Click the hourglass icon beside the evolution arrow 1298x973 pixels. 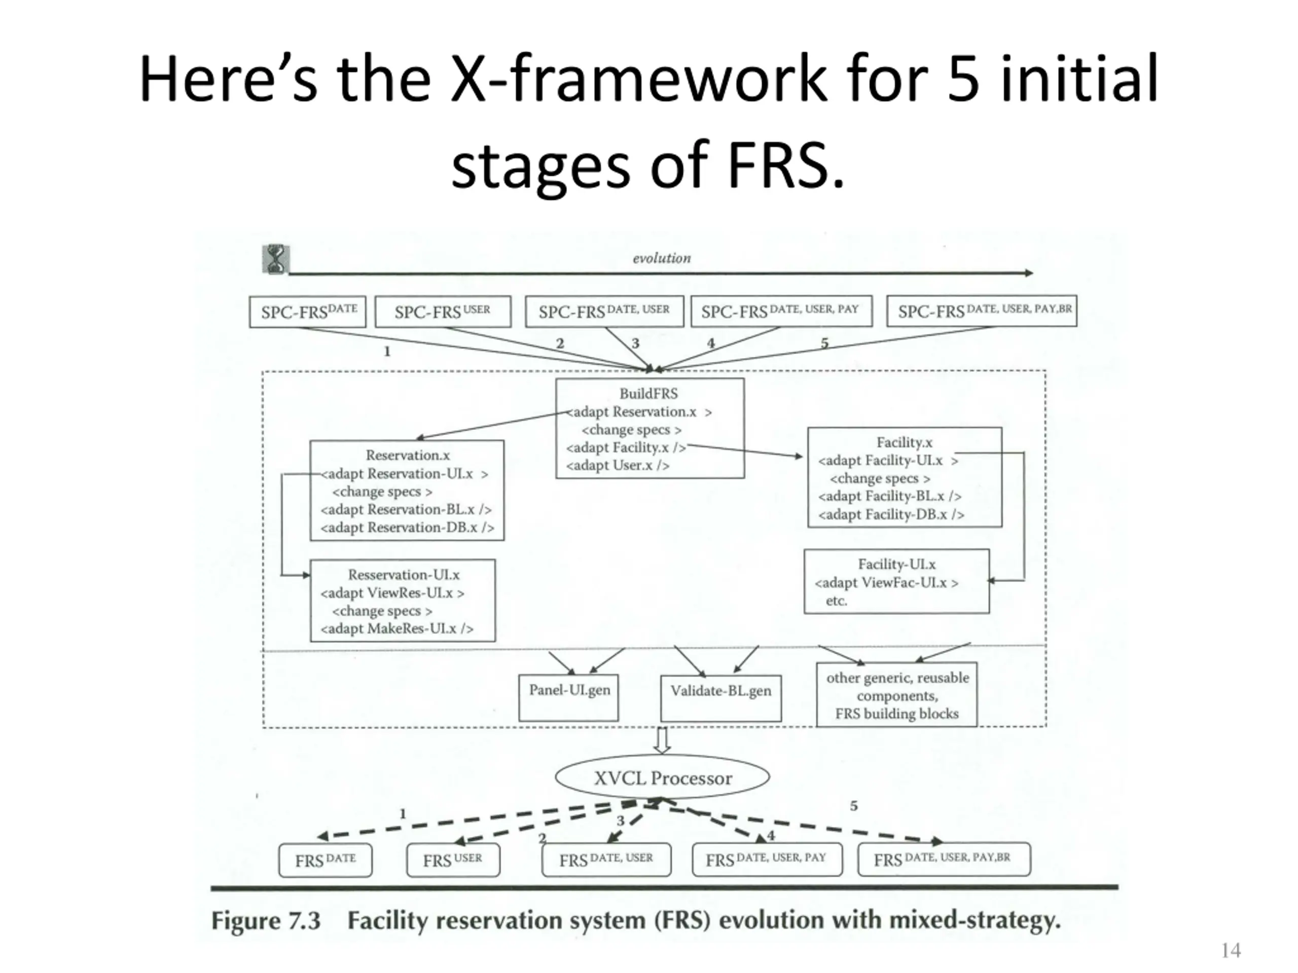click(275, 259)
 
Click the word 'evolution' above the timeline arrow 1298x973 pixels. click(661, 258)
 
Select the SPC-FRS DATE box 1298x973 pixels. click(307, 312)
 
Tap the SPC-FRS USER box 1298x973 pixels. click(443, 312)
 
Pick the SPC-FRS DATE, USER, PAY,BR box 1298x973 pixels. click(981, 311)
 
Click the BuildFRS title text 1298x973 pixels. click(648, 394)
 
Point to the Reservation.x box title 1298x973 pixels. click(407, 455)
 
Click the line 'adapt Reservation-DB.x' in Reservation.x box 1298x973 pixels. click(407, 527)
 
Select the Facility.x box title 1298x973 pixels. click(904, 442)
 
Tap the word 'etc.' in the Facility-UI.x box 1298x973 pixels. click(836, 601)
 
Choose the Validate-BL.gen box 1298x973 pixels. click(720, 697)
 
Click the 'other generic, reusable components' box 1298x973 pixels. click(896, 695)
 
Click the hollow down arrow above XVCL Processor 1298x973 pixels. click(662, 740)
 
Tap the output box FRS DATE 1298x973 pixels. click(325, 860)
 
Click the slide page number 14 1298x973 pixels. click(1231, 950)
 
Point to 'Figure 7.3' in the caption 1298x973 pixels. click(266, 920)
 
